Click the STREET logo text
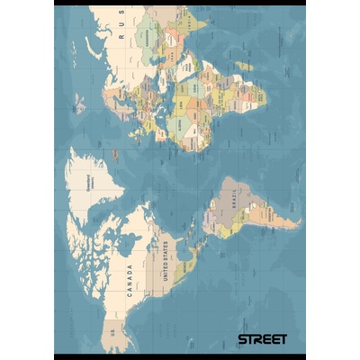262,339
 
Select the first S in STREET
241,339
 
